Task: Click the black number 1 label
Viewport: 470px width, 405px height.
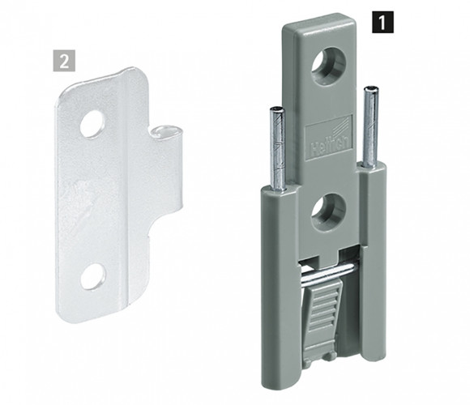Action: pyautogui.click(x=382, y=22)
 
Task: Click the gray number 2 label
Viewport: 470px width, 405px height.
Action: pyautogui.click(x=64, y=62)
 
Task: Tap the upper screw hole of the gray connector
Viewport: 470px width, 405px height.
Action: pyautogui.click(x=329, y=66)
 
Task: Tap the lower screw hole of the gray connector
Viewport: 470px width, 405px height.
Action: pyautogui.click(x=328, y=211)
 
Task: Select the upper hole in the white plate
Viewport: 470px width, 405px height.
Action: pyautogui.click(x=92, y=124)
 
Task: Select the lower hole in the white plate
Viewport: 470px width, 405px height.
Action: pyautogui.click(x=93, y=276)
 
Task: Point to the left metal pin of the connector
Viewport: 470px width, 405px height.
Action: pyautogui.click(x=278, y=149)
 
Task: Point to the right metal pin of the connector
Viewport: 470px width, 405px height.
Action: pyautogui.click(x=370, y=127)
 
